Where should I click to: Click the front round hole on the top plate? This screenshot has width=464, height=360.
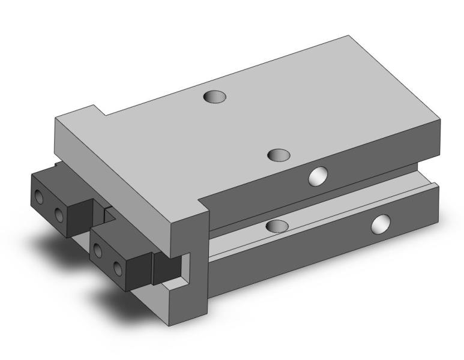[279, 155]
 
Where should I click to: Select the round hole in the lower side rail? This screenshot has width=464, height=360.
[381, 224]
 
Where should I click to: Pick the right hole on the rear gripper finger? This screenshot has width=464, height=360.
[59, 214]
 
